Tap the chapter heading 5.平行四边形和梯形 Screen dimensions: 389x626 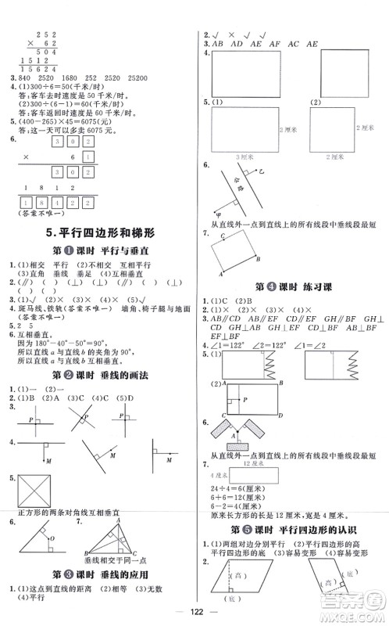pyautogui.click(x=98, y=232)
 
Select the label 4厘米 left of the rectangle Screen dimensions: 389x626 pyautogui.click(x=216, y=474)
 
